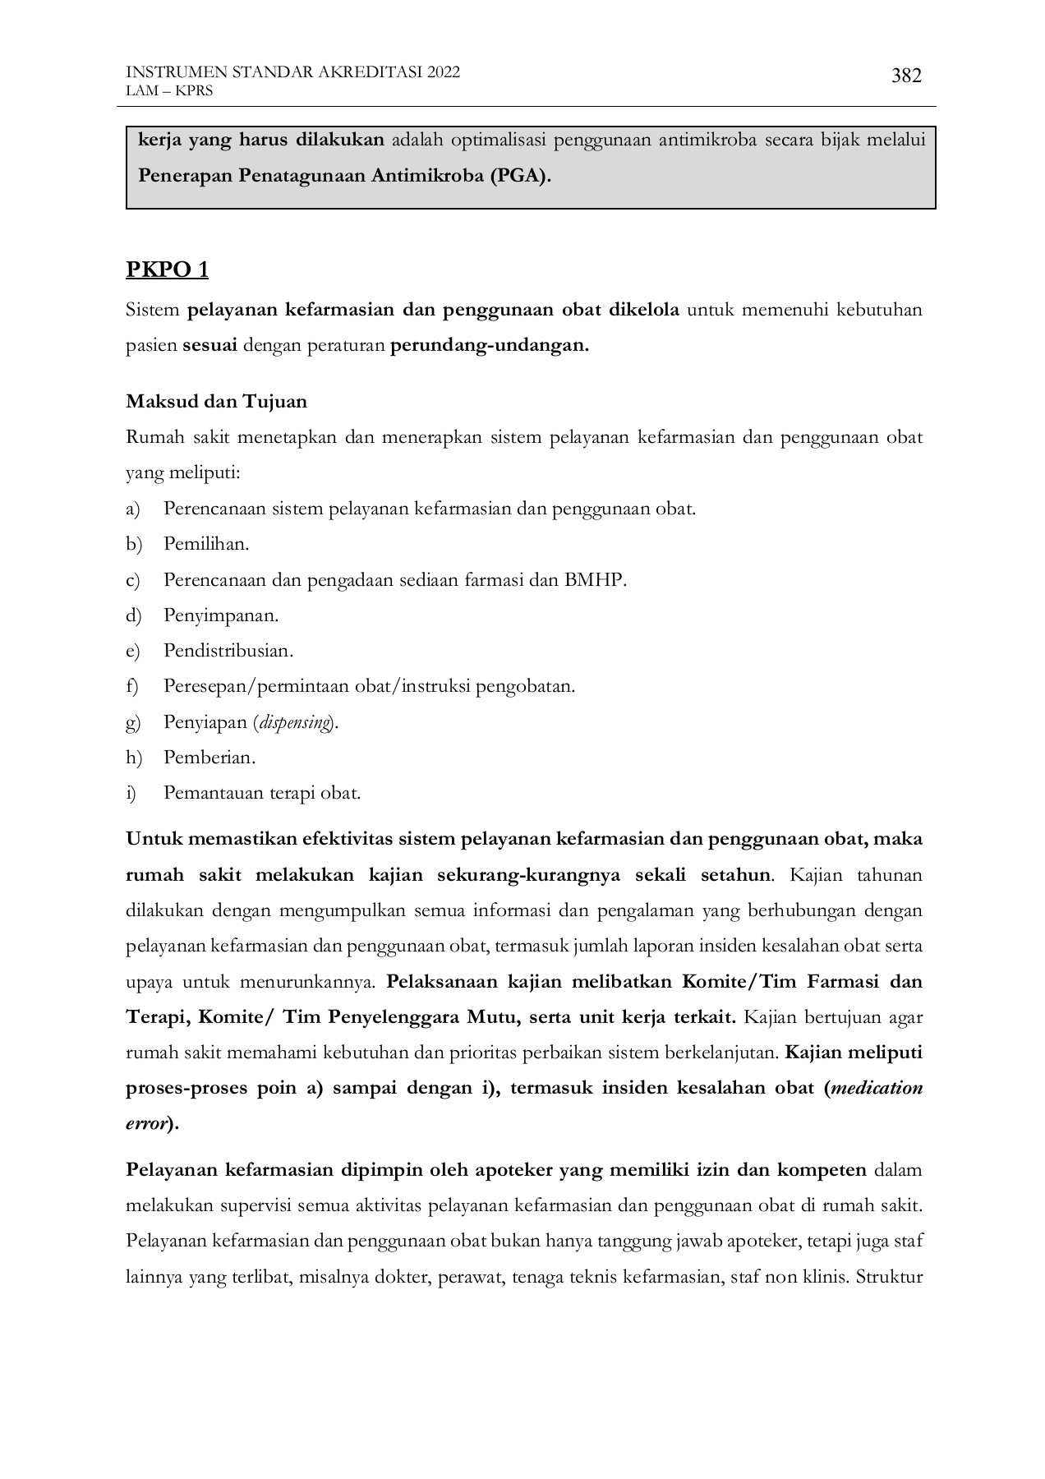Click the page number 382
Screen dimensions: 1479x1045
pos(906,76)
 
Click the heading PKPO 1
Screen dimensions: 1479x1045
pos(167,270)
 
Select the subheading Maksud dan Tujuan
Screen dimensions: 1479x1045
pos(216,402)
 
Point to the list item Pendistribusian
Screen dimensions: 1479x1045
pos(228,651)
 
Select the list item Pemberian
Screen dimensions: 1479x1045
pos(209,758)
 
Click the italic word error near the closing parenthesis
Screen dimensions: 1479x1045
pos(145,1124)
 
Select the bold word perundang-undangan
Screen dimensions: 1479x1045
pos(489,345)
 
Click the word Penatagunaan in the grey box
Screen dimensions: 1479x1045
pos(308,176)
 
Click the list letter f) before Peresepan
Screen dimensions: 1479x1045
pos(132,687)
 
